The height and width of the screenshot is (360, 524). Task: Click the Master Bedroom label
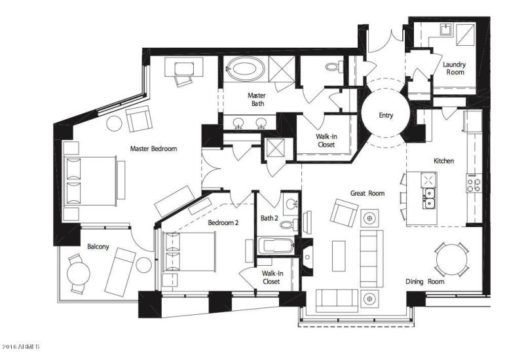pyautogui.click(x=153, y=149)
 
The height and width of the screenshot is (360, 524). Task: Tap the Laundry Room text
pyautogui.click(x=454, y=68)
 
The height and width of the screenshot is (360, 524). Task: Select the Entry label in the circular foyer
pyautogui.click(x=386, y=115)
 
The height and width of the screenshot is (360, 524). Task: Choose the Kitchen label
pyautogui.click(x=443, y=160)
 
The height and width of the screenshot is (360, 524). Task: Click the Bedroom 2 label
pyautogui.click(x=223, y=223)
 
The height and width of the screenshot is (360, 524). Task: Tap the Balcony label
pyautogui.click(x=98, y=247)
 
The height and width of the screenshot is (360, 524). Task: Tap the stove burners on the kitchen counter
pyautogui.click(x=473, y=183)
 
